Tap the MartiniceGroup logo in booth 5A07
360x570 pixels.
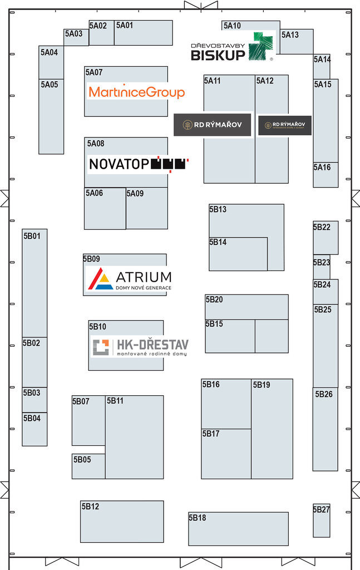pyautogui.click(x=136, y=92)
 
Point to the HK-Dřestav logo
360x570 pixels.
pyautogui.click(x=140, y=347)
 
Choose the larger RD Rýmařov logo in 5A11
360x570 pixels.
pyautogui.click(x=212, y=125)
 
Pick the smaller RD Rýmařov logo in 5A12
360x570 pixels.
pyautogui.click(x=284, y=125)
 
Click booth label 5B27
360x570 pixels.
pyautogui.click(x=322, y=509)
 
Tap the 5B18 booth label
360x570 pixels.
pyautogui.click(x=198, y=518)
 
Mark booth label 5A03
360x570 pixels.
pyautogui.click(x=73, y=34)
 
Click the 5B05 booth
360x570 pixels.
pyautogui.click(x=88, y=466)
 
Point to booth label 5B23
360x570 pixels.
pyautogui.click(x=322, y=263)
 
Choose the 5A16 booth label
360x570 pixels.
pyautogui.click(x=322, y=168)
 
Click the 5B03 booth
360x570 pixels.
pyautogui.click(x=34, y=400)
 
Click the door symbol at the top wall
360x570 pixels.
pyautogui.click(x=201, y=5)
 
